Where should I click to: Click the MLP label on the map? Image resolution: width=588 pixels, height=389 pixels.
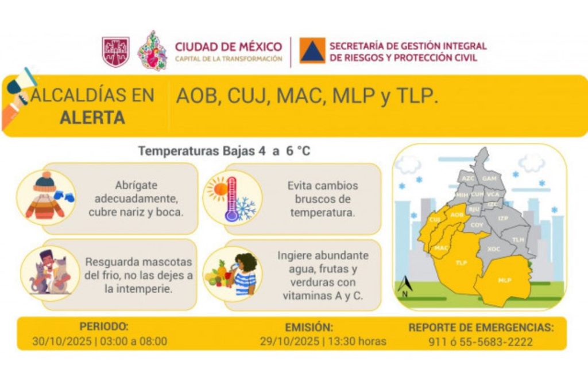505,280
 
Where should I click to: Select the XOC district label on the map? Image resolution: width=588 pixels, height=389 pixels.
493,249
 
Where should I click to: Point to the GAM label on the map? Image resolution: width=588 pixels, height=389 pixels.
489,178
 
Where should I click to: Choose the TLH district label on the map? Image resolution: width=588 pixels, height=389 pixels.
518,239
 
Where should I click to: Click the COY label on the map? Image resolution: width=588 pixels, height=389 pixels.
477,225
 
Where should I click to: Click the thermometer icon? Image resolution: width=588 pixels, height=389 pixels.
232,199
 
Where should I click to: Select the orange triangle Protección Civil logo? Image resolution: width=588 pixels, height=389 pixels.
312,51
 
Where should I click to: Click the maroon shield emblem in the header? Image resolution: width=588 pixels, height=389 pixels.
115,52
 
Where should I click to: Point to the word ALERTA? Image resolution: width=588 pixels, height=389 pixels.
92,118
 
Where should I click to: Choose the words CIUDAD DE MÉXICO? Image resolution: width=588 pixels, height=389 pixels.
229,46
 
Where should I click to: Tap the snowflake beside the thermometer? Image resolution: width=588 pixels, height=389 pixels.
246,208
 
